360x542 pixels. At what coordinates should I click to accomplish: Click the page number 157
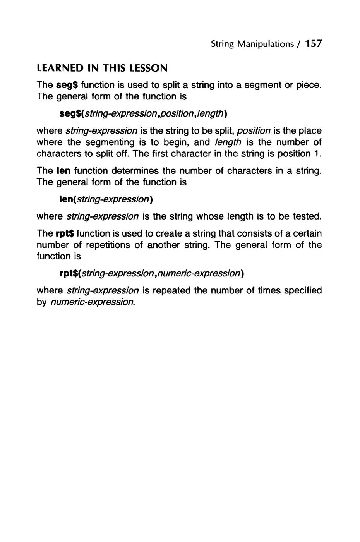[313, 44]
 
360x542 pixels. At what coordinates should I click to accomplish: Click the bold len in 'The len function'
[63, 171]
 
